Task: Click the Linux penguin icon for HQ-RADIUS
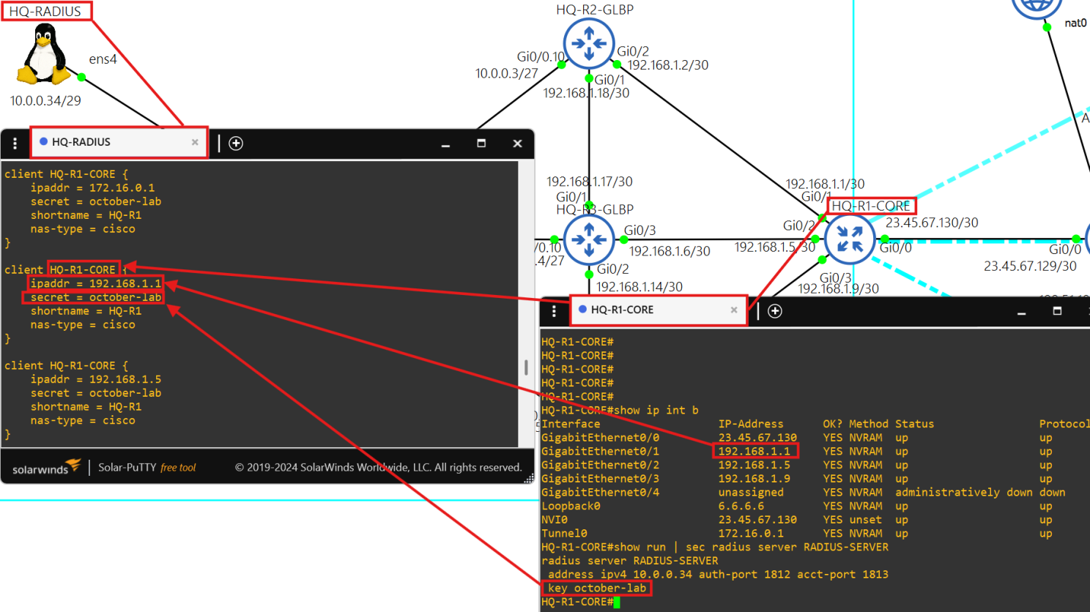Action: [x=44, y=54]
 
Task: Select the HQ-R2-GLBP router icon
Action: [x=588, y=43]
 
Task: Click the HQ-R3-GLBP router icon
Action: [x=588, y=239]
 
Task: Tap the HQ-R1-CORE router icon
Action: [x=850, y=239]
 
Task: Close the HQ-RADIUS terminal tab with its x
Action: [x=195, y=142]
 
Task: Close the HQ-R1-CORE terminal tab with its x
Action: [x=734, y=310]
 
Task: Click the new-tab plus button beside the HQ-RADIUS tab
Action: [x=236, y=143]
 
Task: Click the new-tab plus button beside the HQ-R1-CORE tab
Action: [x=775, y=311]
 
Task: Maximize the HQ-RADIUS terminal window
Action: [x=481, y=143]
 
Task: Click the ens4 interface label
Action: [x=103, y=59]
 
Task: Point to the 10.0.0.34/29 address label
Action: [x=45, y=101]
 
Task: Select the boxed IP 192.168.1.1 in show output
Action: [x=755, y=452]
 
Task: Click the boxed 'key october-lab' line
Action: [x=596, y=588]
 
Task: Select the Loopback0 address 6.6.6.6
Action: [x=741, y=506]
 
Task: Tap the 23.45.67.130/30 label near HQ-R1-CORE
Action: [x=932, y=223]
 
